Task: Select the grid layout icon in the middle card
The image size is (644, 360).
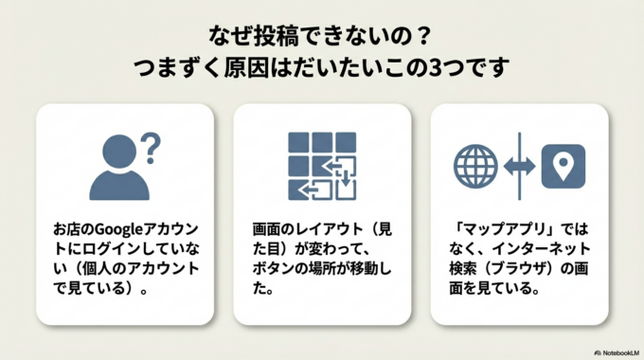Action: click(x=321, y=167)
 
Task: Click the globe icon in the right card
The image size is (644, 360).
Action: click(x=475, y=166)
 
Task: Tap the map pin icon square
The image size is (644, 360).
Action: click(x=563, y=166)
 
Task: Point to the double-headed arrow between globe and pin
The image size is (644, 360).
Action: click(x=519, y=166)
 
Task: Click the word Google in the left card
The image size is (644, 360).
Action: click(x=117, y=229)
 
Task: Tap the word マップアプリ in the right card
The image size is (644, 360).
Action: click(x=503, y=229)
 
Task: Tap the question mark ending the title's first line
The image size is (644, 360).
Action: click(x=424, y=38)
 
